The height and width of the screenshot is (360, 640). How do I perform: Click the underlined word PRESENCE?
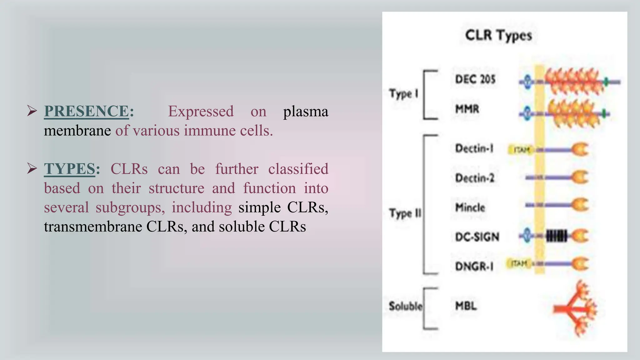[86, 111]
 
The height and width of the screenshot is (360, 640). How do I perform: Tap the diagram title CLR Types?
[498, 35]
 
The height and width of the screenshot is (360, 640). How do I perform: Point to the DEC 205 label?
[475, 79]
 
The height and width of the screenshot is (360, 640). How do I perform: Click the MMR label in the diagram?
[467, 109]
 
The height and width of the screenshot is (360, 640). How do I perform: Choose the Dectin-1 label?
[474, 148]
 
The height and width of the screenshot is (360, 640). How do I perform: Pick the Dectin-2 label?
[475, 178]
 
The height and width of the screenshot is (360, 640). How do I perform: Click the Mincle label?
[470, 207]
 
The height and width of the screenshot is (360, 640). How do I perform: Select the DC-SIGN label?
[477, 237]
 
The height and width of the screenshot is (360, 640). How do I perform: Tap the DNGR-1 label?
[474, 267]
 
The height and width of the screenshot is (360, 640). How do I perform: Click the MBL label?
[466, 306]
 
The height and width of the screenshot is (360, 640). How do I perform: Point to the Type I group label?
[403, 93]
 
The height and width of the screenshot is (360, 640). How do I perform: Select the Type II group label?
[405, 213]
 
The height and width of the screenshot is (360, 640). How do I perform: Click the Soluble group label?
[405, 306]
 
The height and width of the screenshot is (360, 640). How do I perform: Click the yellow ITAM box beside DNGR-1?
[519, 263]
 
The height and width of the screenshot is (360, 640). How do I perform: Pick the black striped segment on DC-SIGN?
[556, 236]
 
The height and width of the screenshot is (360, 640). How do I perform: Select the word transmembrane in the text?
[93, 227]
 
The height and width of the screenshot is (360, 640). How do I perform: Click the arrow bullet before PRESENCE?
[32, 111]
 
